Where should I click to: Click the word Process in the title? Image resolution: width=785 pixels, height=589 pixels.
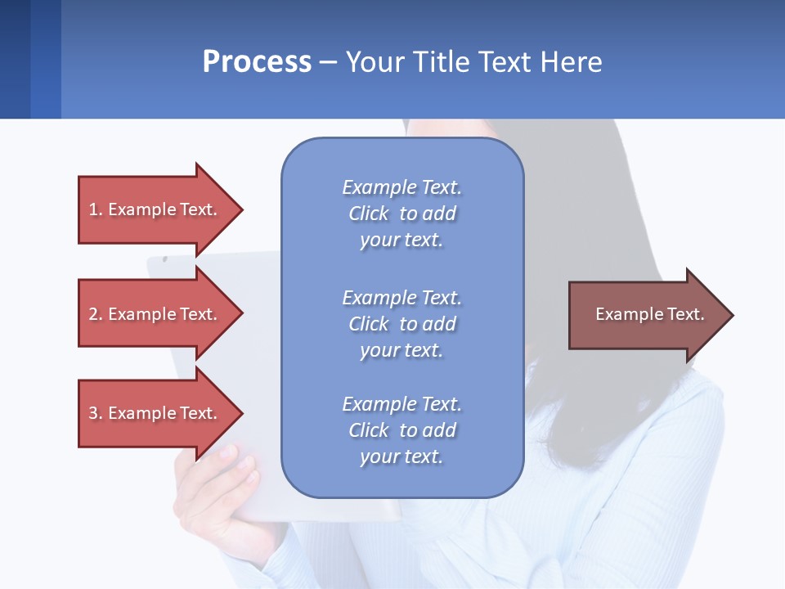(x=257, y=62)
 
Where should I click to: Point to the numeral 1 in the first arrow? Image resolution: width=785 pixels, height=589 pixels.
(x=93, y=209)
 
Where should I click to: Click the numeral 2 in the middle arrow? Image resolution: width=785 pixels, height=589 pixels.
(x=93, y=314)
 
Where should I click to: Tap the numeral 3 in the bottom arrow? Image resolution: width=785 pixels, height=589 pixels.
(x=93, y=413)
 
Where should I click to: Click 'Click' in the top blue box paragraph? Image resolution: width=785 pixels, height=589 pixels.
(x=368, y=214)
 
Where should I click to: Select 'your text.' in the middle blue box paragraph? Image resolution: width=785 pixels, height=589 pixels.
(x=401, y=350)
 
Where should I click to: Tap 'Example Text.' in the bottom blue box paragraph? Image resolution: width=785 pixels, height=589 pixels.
(x=401, y=404)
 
